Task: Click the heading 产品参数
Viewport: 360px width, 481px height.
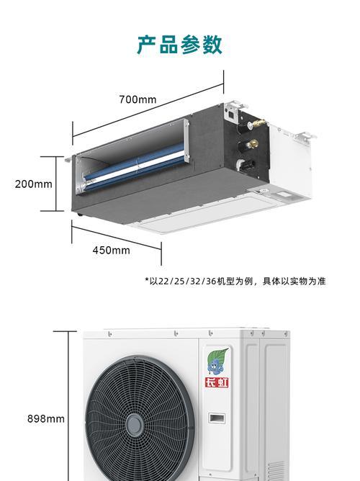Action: click(180, 45)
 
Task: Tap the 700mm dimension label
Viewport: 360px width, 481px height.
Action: click(138, 99)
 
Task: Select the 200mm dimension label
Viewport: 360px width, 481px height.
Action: click(34, 184)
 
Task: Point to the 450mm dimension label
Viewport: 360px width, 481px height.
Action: click(112, 251)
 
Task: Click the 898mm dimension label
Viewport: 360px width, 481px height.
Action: click(46, 419)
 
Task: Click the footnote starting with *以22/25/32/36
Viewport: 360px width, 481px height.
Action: click(235, 281)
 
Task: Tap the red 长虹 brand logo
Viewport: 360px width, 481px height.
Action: click(217, 382)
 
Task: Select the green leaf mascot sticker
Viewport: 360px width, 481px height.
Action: click(217, 361)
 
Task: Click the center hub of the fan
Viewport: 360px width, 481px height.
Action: click(135, 425)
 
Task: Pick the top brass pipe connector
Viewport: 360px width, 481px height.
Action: click(256, 123)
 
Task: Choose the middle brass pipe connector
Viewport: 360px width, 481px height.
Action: click(252, 143)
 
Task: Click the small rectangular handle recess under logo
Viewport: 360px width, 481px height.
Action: click(217, 418)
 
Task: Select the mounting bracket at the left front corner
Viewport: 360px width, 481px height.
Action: click(68, 159)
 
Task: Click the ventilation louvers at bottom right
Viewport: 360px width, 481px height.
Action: click(275, 472)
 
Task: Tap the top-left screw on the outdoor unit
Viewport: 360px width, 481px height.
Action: click(109, 333)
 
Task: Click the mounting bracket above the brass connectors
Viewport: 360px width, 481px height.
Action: click(235, 106)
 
